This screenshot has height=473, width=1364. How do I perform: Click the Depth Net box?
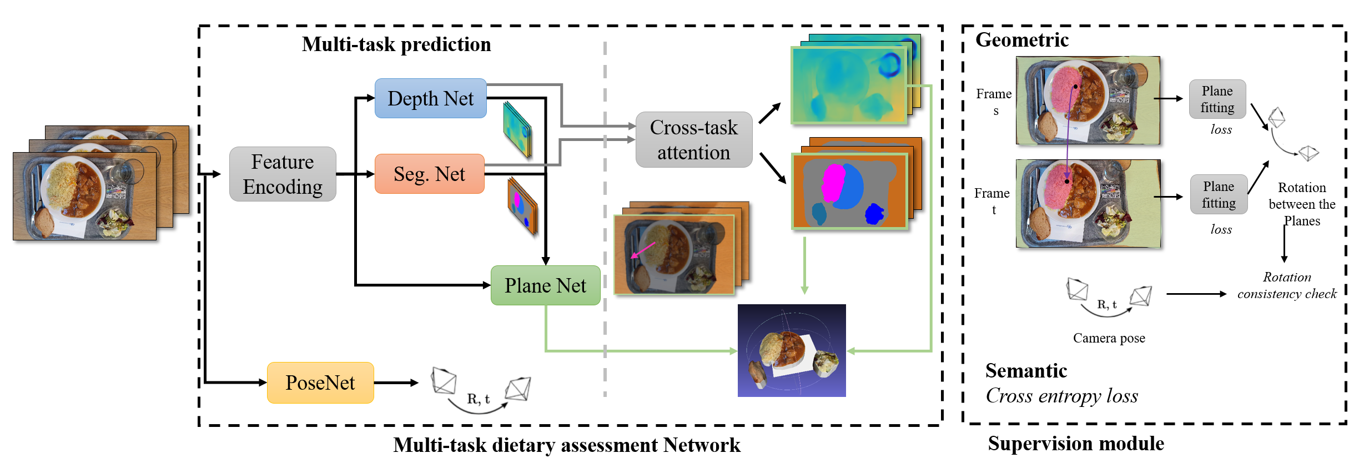430,98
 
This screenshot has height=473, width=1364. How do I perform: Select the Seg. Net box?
429,174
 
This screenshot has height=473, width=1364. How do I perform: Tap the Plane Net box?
545,285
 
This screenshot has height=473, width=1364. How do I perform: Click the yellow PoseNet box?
320,383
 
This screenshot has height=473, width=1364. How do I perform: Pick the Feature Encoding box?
283,174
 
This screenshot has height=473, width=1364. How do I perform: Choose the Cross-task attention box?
694,139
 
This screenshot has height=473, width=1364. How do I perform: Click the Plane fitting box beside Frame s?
1217,99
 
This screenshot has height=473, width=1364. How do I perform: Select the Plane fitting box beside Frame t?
1219,194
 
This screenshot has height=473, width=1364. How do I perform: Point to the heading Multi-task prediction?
396,44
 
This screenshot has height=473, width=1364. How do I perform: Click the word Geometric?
1022,40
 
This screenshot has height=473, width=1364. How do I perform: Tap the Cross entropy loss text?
1061,396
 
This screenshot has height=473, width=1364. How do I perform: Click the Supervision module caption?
1076,444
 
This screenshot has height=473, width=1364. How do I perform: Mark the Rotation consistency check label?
1287,285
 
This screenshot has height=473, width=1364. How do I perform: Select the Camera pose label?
1109,338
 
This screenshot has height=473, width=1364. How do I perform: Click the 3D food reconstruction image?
792,350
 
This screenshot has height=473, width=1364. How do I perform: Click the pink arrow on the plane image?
643,250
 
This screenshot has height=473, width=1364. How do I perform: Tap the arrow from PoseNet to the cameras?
396,383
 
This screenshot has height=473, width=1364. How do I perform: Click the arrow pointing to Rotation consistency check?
1196,294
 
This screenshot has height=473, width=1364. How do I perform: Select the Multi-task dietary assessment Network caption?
567,445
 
